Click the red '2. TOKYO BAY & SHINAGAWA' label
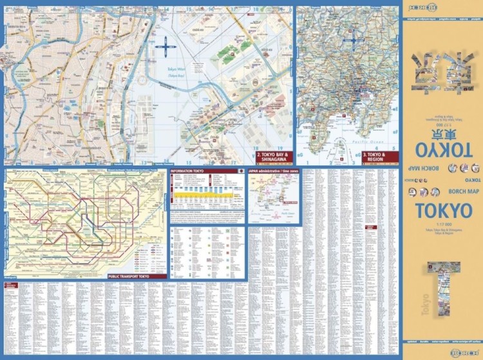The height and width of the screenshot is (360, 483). coord(273,158)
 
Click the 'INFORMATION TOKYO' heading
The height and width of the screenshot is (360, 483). coord(187,172)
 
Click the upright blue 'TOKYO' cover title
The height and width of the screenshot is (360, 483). coord(443,211)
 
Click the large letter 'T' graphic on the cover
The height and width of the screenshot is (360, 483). coord(444,293)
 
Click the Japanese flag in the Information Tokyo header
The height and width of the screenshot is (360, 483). coord(241,172)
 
